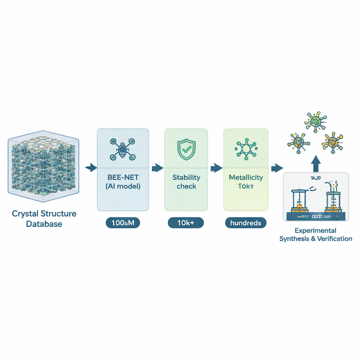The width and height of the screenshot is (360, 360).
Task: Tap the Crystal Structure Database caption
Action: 44,219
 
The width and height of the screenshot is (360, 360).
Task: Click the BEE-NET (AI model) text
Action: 123,182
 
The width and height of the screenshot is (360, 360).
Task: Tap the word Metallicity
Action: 245,177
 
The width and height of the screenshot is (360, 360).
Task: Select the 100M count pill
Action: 123,223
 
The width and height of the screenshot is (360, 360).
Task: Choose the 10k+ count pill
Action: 186,223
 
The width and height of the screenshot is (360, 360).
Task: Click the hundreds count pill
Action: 245,223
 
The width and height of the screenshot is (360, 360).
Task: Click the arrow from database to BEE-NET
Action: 91,168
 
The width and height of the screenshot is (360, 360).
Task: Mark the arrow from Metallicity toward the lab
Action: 277,168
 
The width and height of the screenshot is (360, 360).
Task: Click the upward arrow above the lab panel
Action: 316,162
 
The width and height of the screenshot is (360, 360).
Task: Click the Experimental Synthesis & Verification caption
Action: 315,235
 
